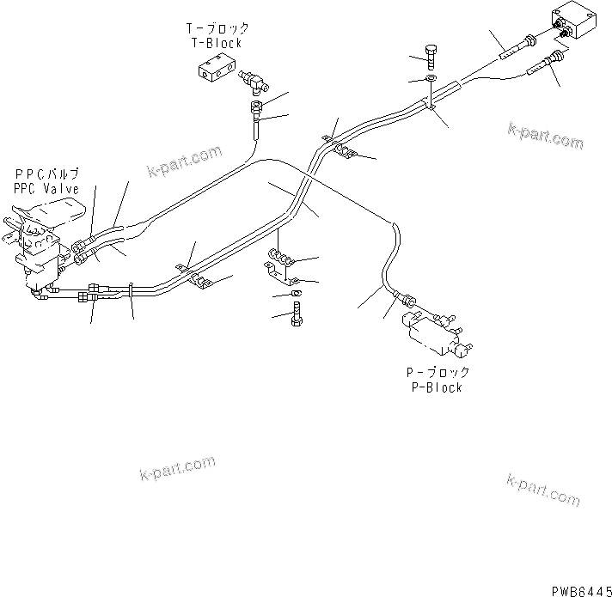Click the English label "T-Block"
pos(216,43)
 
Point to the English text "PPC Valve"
pos(46,188)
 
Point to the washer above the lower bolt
pos(297,295)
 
